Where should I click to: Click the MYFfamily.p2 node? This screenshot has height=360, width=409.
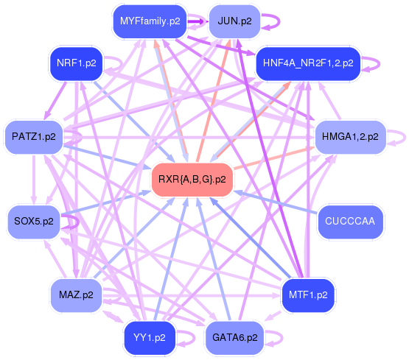point(150,21)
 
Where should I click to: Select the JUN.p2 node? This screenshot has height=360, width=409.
point(234,21)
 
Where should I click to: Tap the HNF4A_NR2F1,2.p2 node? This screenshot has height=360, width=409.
point(307,63)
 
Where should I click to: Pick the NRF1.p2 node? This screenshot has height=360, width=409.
point(74,63)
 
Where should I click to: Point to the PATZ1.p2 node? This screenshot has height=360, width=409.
point(34,137)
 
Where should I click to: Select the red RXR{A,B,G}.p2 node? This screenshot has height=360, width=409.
point(192,180)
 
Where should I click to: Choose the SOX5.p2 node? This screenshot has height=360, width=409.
point(34,220)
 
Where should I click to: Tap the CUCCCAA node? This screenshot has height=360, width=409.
point(350,220)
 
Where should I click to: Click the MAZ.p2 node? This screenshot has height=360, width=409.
point(76,295)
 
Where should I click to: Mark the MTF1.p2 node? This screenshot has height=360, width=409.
point(308,295)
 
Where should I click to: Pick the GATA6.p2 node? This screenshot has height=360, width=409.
point(234,338)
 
